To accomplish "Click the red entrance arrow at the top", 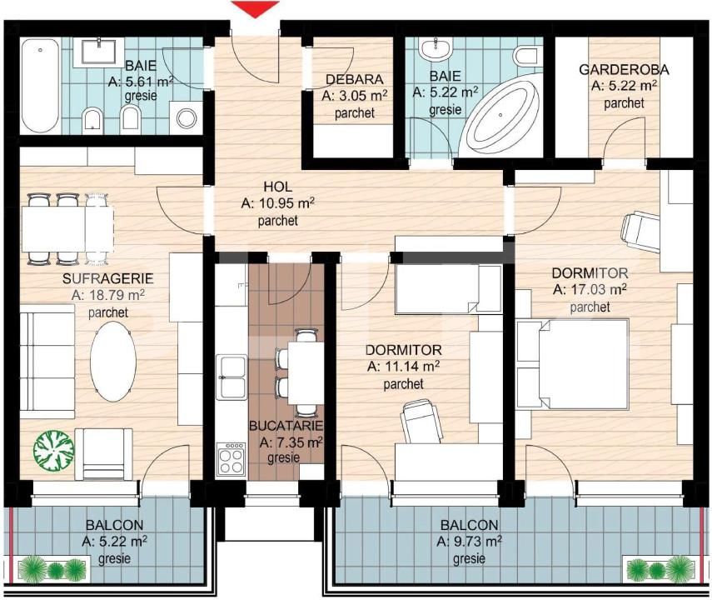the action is (255, 8).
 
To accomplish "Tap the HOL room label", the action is (278, 187).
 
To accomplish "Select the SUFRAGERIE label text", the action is (108, 278).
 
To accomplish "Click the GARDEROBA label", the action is (624, 69).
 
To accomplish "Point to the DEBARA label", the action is (355, 79).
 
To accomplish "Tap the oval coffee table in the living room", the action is (113, 362).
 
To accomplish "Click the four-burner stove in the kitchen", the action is (231, 458).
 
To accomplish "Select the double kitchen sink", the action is (232, 377).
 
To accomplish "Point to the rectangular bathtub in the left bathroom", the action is (41, 86).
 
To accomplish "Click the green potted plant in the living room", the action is (53, 451).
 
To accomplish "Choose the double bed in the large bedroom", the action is (573, 364).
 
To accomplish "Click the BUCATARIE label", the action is (286, 426).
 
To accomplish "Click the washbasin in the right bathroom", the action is (436, 49).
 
